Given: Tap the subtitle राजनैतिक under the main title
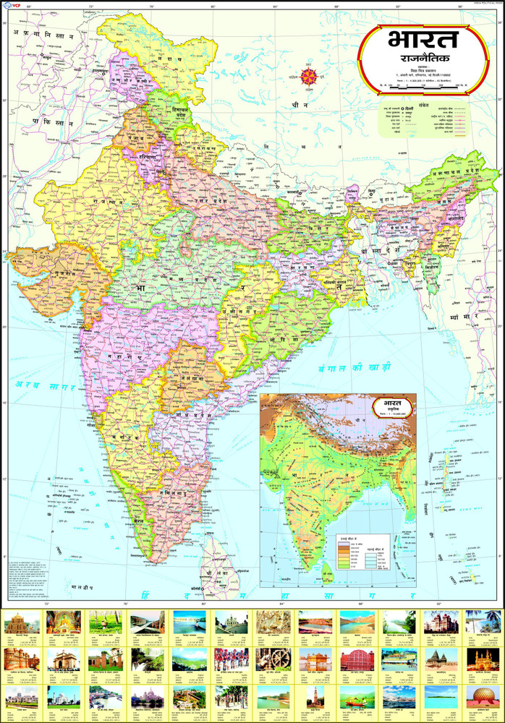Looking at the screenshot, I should (418, 60).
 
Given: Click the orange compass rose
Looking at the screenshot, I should (310, 74).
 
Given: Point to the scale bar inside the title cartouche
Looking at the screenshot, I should (418, 87).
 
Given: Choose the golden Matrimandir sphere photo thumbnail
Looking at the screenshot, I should (483, 696).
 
